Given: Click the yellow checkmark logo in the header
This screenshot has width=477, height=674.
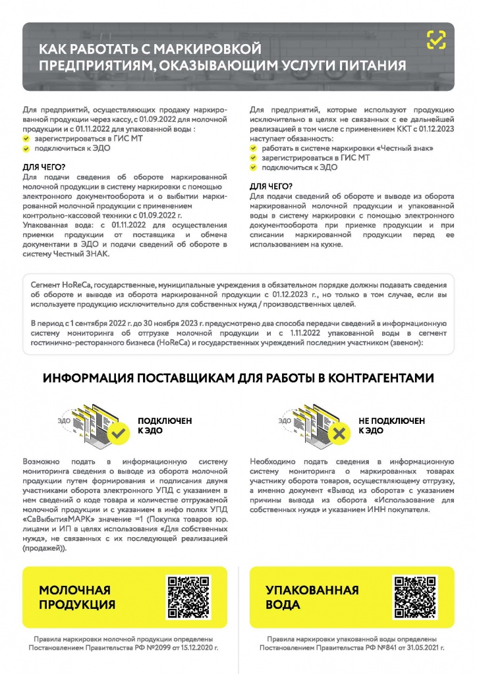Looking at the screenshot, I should [435, 41].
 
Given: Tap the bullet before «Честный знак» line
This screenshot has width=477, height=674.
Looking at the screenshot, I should [254, 149].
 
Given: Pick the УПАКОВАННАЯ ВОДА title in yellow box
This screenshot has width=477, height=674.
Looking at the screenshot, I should [312, 597].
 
